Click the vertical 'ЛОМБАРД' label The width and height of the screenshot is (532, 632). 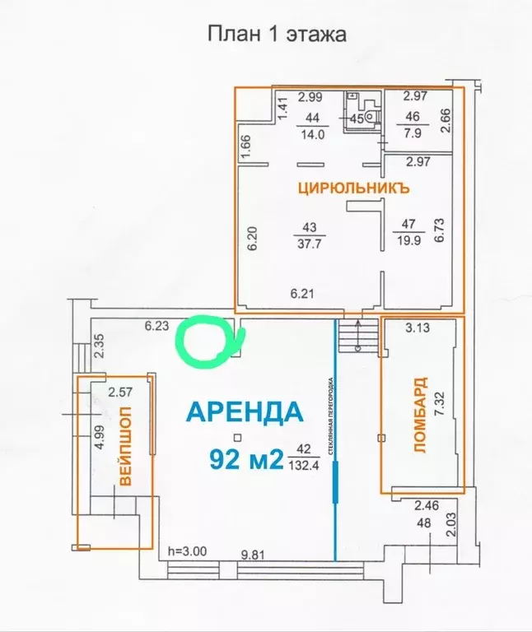pos(421,415)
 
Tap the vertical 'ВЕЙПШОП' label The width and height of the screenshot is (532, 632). pos(126,447)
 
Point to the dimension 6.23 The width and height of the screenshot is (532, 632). pos(156,326)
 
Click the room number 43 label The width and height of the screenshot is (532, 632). pos(310,228)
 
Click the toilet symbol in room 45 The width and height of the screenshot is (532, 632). pos(371,116)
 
